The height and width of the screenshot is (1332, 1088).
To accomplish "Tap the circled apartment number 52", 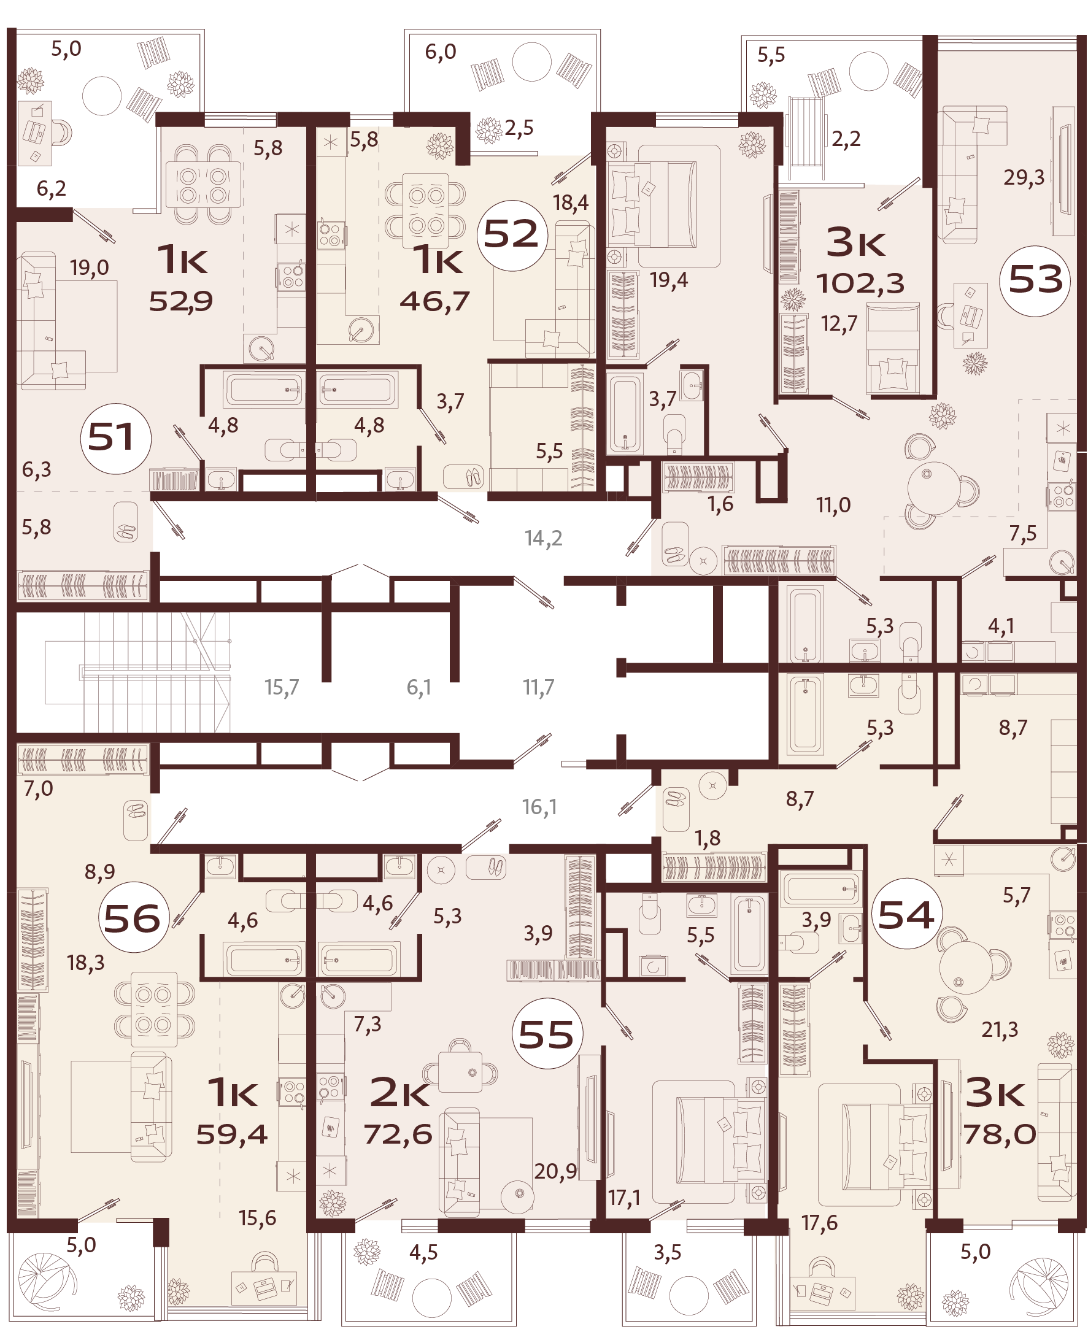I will pyautogui.click(x=512, y=235).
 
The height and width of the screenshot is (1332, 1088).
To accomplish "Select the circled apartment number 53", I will pyautogui.click(x=1035, y=280).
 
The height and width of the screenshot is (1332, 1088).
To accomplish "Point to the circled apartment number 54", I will pyautogui.click(x=906, y=915).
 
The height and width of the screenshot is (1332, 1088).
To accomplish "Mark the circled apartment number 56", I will pyautogui.click(x=133, y=919).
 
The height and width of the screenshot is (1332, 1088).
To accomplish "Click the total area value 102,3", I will pyautogui.click(x=860, y=284).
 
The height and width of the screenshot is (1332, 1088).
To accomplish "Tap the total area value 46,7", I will pyautogui.click(x=434, y=301).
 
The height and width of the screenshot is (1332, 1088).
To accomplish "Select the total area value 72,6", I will pyautogui.click(x=398, y=1134).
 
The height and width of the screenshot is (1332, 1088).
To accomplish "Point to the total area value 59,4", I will pyautogui.click(x=232, y=1134).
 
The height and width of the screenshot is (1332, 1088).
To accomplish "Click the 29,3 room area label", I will pyautogui.click(x=1024, y=178).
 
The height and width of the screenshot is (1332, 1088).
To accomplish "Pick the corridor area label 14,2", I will pyautogui.click(x=543, y=538).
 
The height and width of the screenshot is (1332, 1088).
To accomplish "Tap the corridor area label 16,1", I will pyautogui.click(x=539, y=807).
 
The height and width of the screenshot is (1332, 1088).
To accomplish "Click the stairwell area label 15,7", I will pyautogui.click(x=282, y=687).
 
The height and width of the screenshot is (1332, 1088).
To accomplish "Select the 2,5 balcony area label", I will pyautogui.click(x=519, y=128).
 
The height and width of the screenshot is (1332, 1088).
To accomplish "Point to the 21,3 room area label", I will pyautogui.click(x=1000, y=1030).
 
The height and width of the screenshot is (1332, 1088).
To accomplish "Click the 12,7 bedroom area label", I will pyautogui.click(x=839, y=324).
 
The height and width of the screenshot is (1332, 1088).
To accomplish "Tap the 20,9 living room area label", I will pyautogui.click(x=555, y=1171).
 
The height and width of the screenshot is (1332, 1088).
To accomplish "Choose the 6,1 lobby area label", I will pyautogui.click(x=419, y=687).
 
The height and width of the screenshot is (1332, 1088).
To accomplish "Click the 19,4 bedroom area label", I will pyautogui.click(x=669, y=280).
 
